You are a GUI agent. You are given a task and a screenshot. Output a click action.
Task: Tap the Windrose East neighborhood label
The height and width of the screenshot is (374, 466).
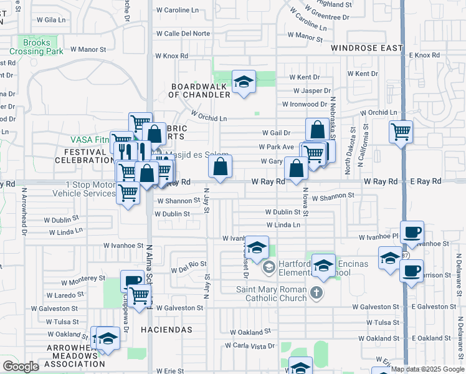tap(366, 48)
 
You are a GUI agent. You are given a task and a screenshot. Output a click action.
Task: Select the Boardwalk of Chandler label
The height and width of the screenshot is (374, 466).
tap(200, 90)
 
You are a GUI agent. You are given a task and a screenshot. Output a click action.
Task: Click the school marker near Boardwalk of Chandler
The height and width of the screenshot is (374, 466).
tap(244, 82)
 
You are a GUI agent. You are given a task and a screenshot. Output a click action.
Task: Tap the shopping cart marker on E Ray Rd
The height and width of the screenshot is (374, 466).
tap(401, 132)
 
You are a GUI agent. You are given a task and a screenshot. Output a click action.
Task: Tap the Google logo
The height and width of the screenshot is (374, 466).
tap(21, 367)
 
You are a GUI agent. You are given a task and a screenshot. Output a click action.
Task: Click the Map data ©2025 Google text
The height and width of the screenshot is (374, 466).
tap(427, 369)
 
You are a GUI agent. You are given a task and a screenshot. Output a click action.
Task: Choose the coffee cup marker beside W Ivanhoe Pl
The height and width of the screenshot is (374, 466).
tap(412, 233)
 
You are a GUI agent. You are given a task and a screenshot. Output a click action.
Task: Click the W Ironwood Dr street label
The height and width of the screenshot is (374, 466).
tap(305, 104)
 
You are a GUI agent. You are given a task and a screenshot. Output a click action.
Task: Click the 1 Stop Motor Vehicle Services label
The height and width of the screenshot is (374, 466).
tap(90, 189)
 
